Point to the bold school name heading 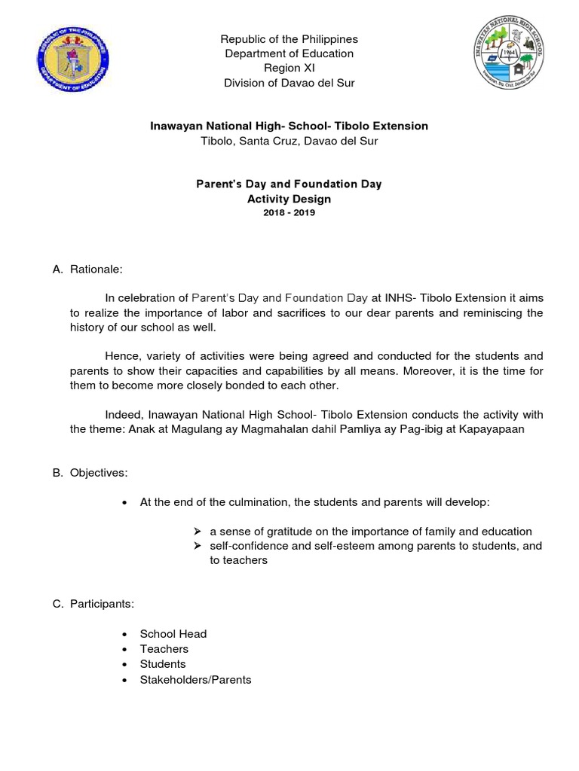click(x=289, y=126)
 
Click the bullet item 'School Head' click(x=173, y=634)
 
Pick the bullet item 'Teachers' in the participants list click(x=164, y=649)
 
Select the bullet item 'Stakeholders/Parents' click(x=195, y=680)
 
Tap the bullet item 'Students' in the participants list click(x=162, y=664)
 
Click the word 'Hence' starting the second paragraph click(x=121, y=355)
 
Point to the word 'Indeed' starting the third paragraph click(x=124, y=415)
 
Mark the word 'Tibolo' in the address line click(x=217, y=141)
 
